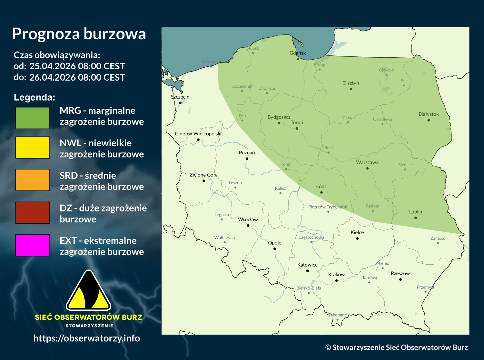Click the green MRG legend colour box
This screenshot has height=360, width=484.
33,118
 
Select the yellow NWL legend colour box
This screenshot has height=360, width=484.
33,147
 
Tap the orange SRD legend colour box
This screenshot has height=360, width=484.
33,180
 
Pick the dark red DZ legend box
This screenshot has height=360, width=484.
33,212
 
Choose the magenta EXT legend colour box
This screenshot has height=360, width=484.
33,245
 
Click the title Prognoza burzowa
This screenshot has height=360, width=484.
79,34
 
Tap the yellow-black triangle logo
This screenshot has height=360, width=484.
88,291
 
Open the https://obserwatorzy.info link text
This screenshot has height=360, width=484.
87,338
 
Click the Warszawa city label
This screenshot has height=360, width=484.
367,162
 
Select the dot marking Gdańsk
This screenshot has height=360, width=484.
298,59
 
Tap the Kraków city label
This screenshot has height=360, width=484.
336,275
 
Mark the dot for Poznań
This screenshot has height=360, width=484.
247,159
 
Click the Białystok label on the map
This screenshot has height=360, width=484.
429,114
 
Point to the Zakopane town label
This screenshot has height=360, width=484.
337,315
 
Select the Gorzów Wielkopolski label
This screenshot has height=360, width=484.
198,134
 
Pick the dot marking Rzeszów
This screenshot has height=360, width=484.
400,279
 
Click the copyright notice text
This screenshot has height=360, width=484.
396,347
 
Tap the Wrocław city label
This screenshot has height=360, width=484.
248,219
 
